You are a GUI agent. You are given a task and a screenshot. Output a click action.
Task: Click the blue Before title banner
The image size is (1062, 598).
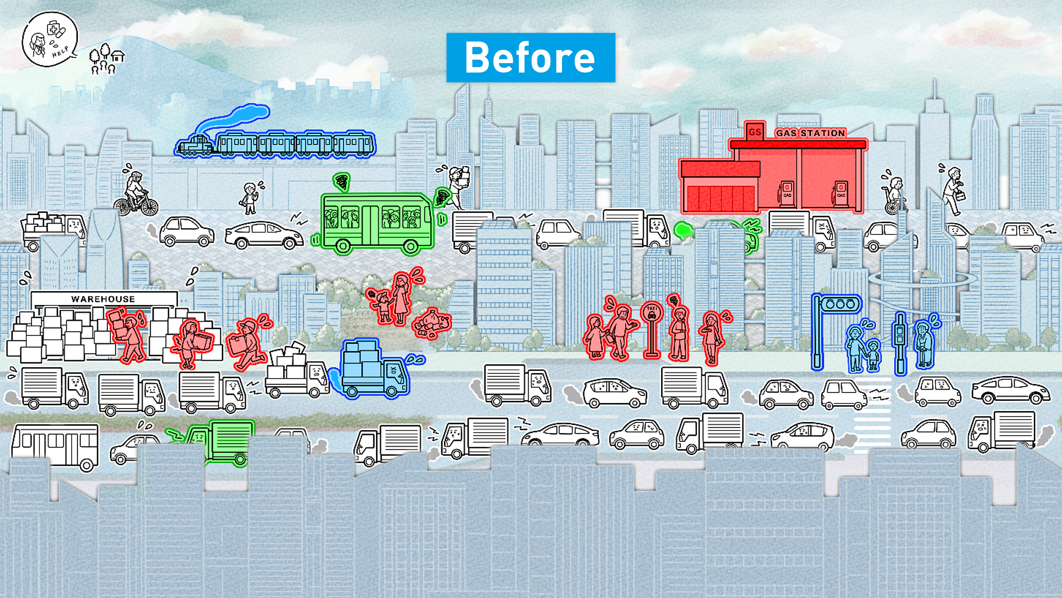click(x=530, y=58)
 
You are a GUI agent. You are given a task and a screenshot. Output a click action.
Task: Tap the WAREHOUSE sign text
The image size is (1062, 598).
click(x=103, y=299)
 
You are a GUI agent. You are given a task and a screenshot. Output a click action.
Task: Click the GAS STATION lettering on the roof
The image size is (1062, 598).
click(x=810, y=133)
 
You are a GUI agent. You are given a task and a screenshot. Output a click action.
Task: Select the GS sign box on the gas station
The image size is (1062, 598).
click(x=754, y=132)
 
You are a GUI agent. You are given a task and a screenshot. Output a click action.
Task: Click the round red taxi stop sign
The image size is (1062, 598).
click(x=652, y=313)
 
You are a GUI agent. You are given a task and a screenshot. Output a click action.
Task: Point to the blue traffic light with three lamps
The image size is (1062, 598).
click(x=840, y=304)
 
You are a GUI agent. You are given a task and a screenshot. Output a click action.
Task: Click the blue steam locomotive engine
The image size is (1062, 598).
click(x=195, y=146)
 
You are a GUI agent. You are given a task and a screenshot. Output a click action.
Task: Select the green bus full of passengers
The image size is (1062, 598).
click(x=376, y=221)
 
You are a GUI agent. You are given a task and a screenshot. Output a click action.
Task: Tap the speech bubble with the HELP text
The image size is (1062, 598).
click(x=50, y=39)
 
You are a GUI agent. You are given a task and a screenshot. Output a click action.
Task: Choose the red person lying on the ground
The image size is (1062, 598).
click(x=433, y=324)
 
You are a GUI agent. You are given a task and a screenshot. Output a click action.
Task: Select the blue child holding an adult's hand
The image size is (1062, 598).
click(x=873, y=354)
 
